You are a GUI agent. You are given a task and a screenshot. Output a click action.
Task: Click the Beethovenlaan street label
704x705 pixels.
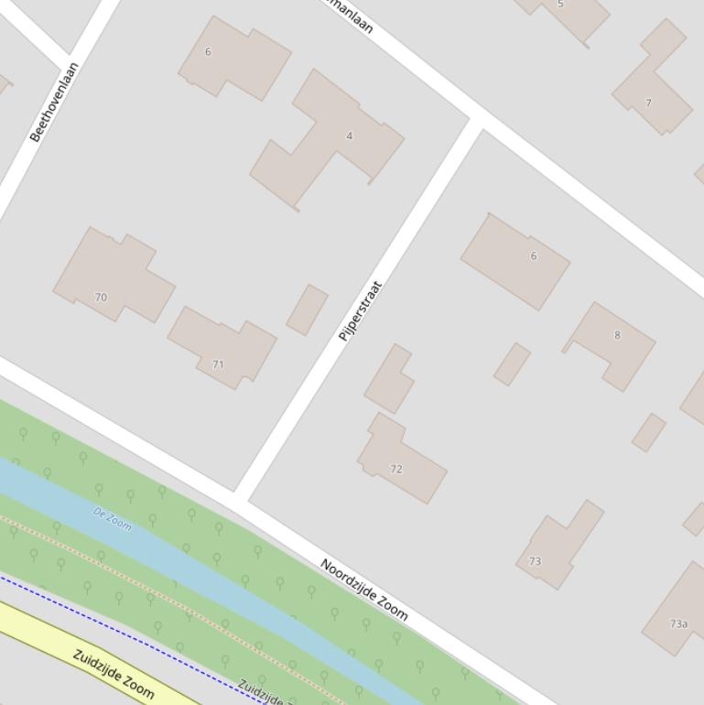(55, 102)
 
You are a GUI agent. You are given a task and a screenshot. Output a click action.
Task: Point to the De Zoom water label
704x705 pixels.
(112, 519)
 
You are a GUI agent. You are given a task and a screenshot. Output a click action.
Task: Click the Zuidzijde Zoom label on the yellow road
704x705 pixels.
(114, 675)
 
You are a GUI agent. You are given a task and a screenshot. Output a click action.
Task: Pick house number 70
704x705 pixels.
(101, 298)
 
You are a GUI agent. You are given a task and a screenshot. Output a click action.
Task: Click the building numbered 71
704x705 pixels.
(218, 364)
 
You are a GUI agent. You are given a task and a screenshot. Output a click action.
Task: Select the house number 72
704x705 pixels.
(396, 469)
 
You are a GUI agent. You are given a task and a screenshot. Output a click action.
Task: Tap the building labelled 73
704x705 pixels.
(535, 561)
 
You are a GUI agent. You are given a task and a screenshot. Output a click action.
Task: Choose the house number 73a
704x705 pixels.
(678, 624)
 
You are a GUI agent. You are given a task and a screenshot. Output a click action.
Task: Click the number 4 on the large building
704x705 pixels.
(349, 136)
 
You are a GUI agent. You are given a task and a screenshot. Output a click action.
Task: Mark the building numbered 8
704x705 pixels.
(617, 335)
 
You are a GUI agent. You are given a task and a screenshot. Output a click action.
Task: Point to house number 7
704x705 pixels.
(648, 103)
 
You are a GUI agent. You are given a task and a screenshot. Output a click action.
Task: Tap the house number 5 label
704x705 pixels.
(560, 5)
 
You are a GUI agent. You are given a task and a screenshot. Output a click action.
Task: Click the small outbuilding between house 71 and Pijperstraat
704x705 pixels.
(307, 309)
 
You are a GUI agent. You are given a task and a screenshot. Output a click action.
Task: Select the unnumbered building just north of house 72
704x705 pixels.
(389, 379)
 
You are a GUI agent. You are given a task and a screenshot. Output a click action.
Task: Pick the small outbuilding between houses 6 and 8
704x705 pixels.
(512, 364)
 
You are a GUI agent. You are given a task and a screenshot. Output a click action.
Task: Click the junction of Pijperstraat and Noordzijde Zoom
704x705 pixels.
(242, 497)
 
